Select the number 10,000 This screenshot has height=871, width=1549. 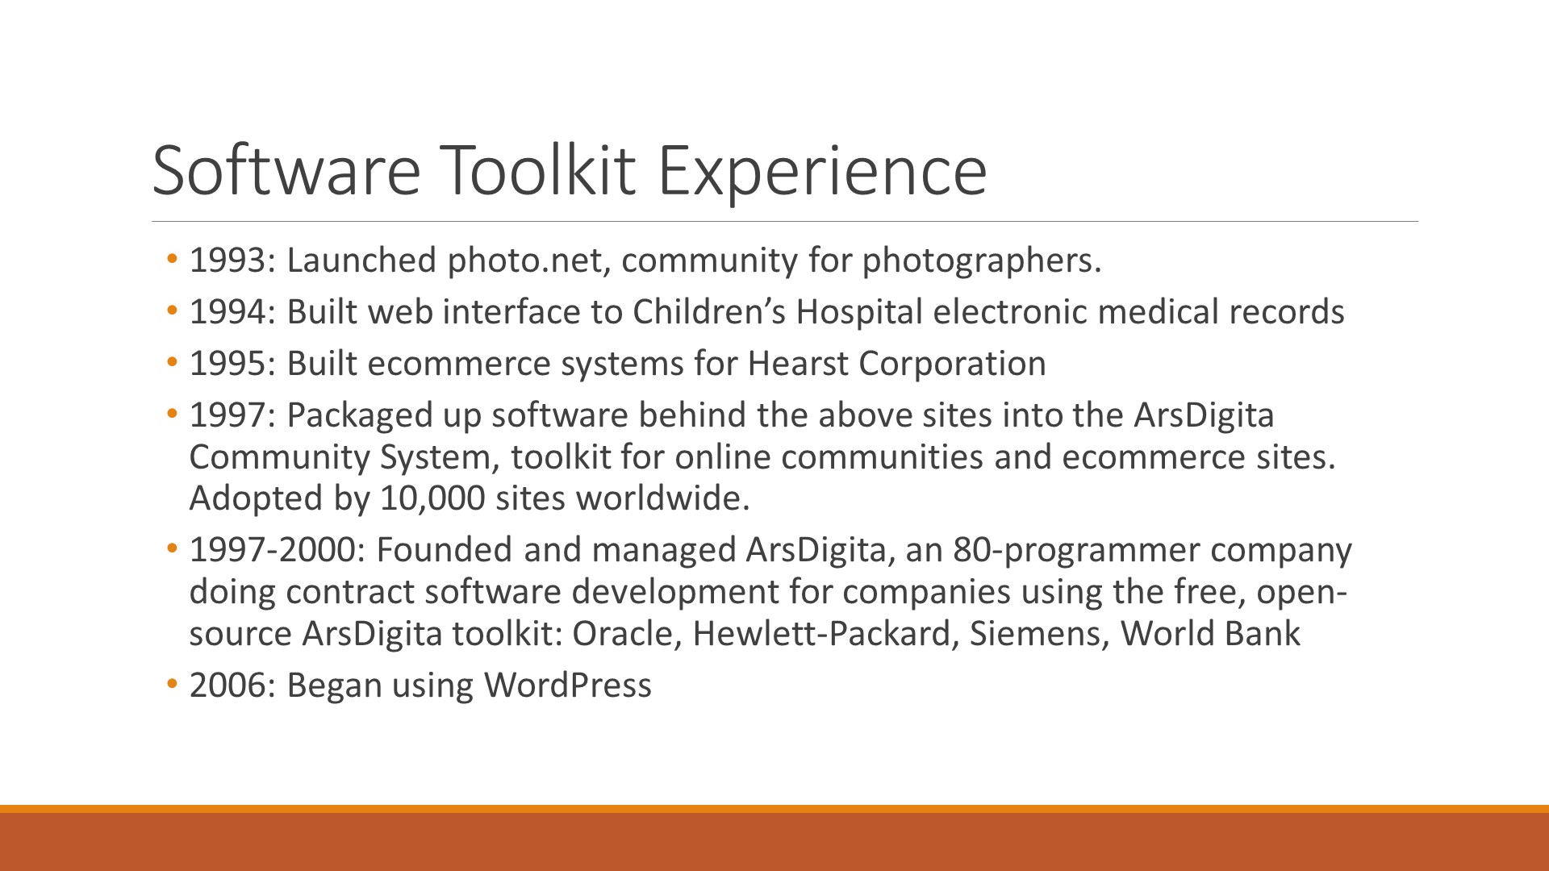[432, 498]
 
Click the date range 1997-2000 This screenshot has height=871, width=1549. [273, 550]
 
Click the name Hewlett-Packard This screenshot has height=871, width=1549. [822, 633]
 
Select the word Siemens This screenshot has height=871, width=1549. [1034, 634]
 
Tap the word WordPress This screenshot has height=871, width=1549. [567, 686]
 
